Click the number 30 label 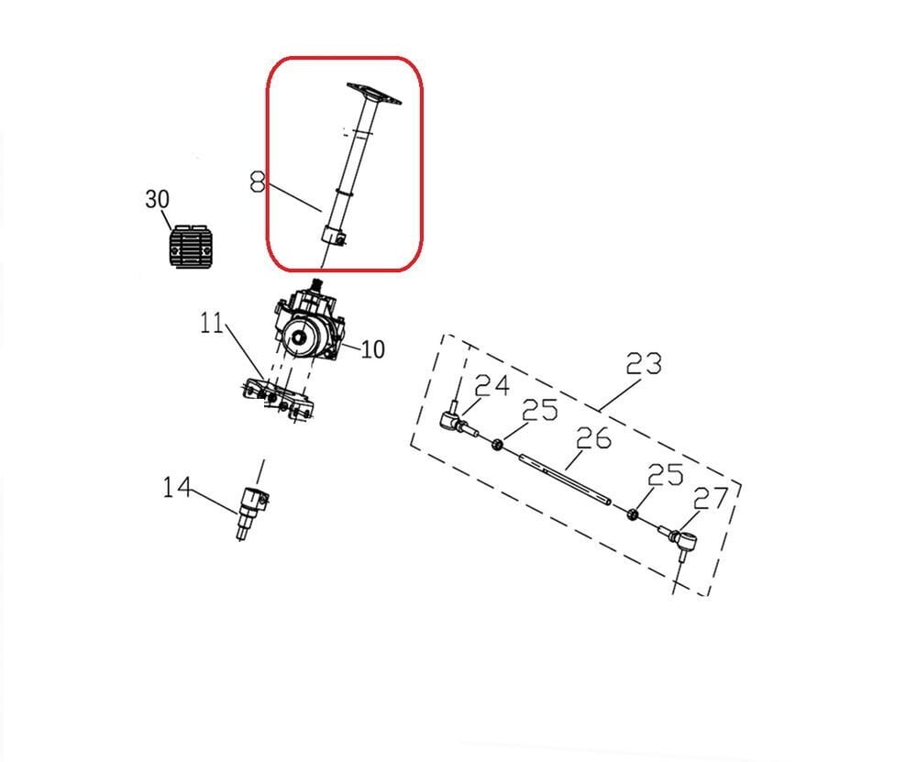(158, 199)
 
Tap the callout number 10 (372, 349)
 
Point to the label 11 (213, 324)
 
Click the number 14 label (178, 486)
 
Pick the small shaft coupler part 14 (250, 510)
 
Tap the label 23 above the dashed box (643, 364)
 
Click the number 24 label (492, 385)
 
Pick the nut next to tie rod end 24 (497, 445)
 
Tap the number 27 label (711, 498)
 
